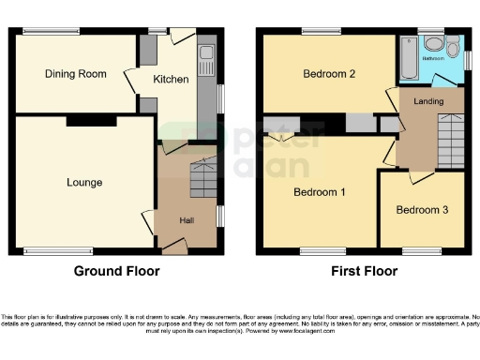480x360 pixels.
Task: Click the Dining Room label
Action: tap(74, 74)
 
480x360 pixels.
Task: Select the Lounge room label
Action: tap(83, 182)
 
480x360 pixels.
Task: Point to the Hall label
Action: tap(187, 220)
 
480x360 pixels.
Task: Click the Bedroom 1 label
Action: tap(320, 193)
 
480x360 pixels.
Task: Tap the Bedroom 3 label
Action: tap(421, 209)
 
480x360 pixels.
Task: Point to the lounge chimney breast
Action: tap(91, 120)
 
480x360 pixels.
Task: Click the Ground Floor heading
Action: tap(116, 271)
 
